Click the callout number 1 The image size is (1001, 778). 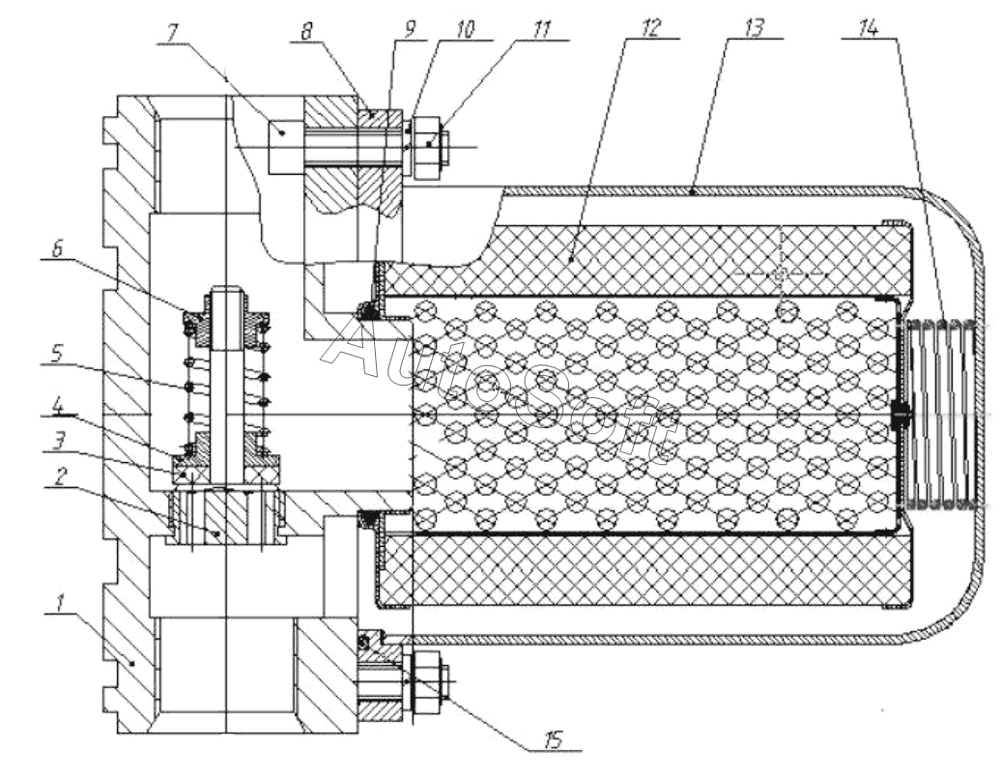(61, 602)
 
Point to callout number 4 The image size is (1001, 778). (58, 406)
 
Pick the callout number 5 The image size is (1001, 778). (57, 355)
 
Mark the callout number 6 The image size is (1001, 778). (57, 249)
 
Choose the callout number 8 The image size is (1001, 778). (307, 31)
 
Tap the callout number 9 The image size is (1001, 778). (410, 29)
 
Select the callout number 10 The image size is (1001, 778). (465, 29)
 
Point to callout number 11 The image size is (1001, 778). (542, 29)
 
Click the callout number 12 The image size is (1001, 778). (650, 29)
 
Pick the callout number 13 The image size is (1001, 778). (755, 29)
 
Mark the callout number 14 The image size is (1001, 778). (869, 29)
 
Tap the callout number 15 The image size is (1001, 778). (553, 739)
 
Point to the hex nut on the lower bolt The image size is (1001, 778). (425, 682)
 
